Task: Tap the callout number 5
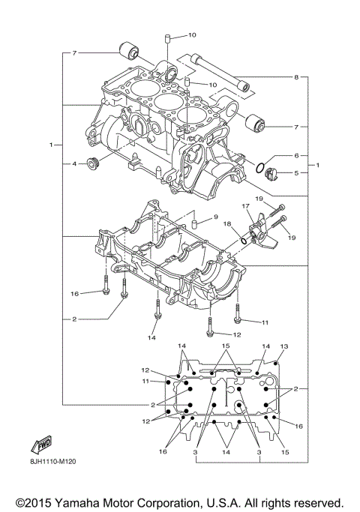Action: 296,173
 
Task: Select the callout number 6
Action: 296,156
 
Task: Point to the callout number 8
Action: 296,77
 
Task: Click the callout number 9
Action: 214,217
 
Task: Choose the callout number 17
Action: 244,207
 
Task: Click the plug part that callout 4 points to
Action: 95,164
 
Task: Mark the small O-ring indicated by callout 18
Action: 244,241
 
